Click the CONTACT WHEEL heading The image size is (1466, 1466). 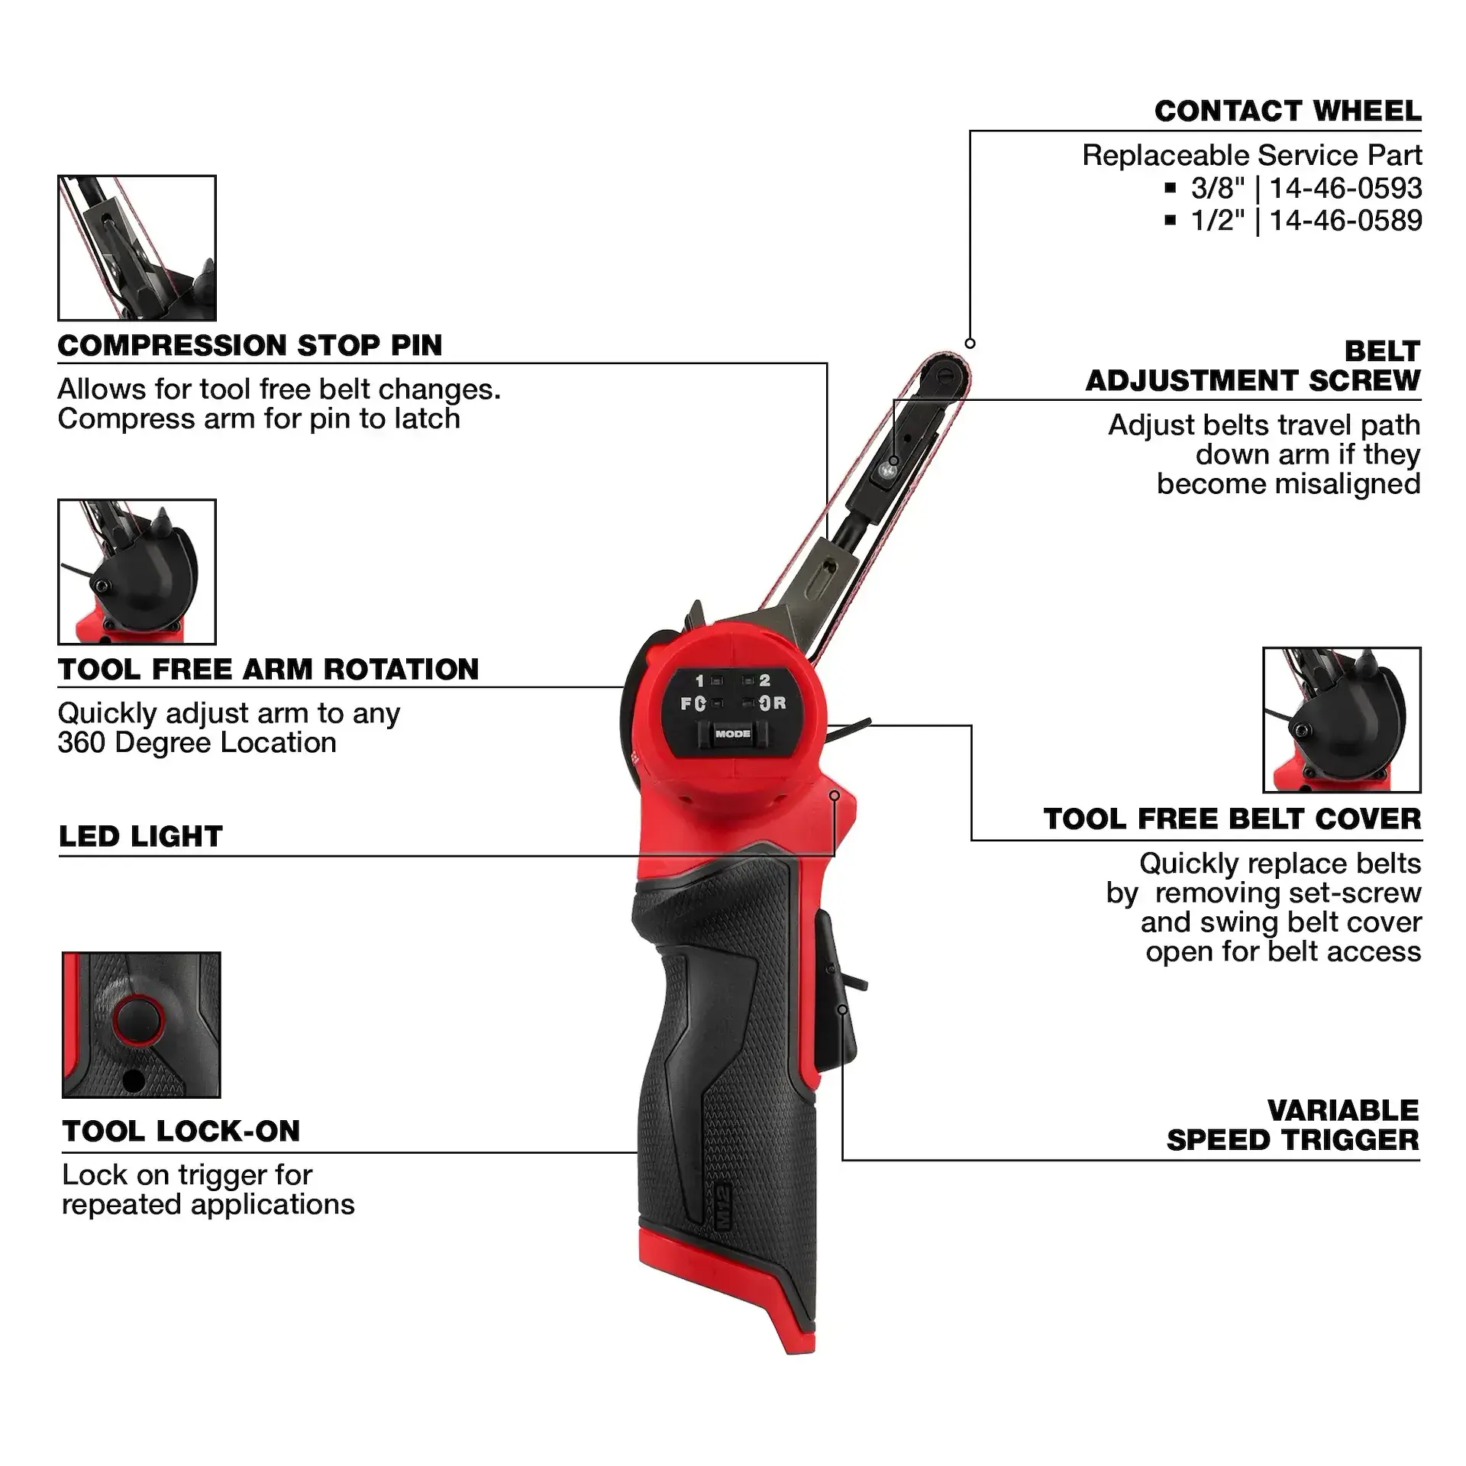click(1287, 111)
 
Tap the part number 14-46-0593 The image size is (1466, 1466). click(1345, 189)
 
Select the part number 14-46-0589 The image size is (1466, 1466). click(1345, 221)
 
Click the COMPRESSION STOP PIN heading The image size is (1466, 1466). click(250, 346)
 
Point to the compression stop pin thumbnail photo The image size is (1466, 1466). click(137, 248)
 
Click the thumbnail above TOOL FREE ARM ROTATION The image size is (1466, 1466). click(137, 572)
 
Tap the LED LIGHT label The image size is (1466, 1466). click(140, 837)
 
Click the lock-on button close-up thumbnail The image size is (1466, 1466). click(141, 1025)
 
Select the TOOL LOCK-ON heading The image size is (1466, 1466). click(181, 1131)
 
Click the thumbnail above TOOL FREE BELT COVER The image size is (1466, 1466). click(1342, 720)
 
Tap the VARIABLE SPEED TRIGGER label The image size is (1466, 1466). click(1292, 1125)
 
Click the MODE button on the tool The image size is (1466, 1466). click(732, 734)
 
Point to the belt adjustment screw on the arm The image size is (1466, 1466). click(886, 473)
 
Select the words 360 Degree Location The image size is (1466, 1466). click(197, 743)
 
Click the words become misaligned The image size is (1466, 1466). click(1288, 484)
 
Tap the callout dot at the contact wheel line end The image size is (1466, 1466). click(970, 344)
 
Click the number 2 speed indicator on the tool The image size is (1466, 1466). click(764, 680)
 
